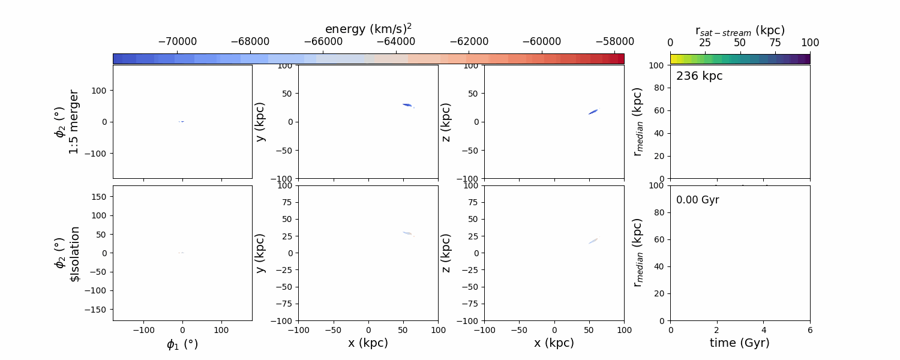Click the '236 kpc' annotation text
click(x=699, y=76)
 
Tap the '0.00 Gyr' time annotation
click(x=697, y=200)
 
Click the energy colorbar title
click(x=368, y=29)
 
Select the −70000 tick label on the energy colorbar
click(x=177, y=42)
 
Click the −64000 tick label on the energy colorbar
click(x=395, y=42)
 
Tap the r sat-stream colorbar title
click(x=740, y=30)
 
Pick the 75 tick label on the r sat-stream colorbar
click(x=775, y=43)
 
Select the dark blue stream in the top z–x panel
click(x=593, y=112)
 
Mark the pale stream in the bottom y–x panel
click(x=407, y=233)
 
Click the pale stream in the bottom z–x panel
click(x=593, y=241)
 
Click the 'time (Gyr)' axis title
click(x=740, y=343)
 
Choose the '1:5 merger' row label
click(x=74, y=122)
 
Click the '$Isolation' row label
click(x=75, y=254)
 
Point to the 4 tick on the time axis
click(x=763, y=330)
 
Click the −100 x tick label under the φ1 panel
click(x=143, y=330)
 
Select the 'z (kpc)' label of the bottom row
click(x=446, y=253)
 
